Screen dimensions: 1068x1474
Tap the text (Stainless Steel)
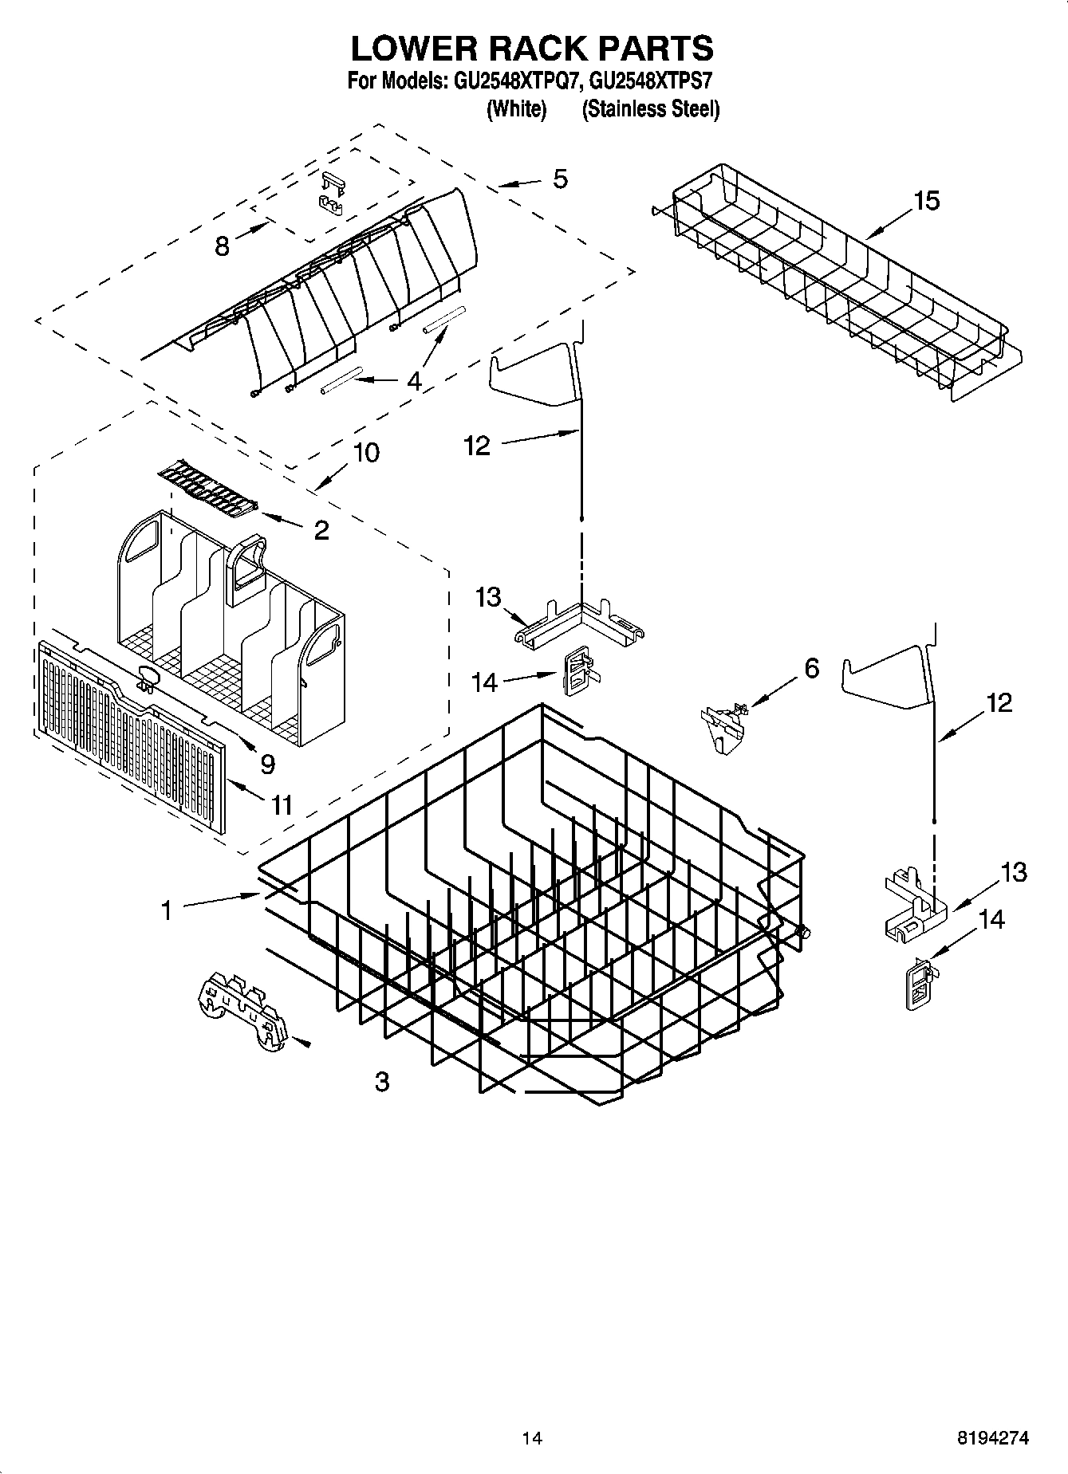click(650, 109)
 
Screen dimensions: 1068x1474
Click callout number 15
click(926, 201)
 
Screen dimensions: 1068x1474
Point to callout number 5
click(560, 179)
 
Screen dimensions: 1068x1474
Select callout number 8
click(223, 246)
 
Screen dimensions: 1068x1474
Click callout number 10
click(365, 453)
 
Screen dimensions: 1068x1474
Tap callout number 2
click(321, 530)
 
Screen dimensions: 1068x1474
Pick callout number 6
click(811, 668)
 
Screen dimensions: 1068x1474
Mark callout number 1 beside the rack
click(167, 910)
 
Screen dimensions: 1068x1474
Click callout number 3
click(382, 1082)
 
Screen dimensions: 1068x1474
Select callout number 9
click(267, 764)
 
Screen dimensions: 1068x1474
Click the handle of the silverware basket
click(248, 568)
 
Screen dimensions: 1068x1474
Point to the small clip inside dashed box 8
click(332, 195)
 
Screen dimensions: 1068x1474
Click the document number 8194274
click(992, 1439)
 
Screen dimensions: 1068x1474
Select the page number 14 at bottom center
click(532, 1439)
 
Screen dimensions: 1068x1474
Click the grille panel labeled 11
click(128, 737)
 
